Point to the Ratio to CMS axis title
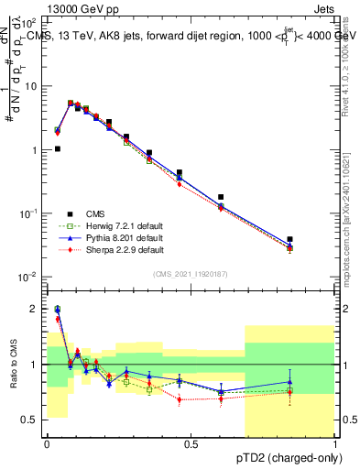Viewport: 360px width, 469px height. click(x=16, y=365)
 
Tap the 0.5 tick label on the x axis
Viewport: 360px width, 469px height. click(x=191, y=444)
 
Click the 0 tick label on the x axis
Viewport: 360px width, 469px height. click(x=46, y=444)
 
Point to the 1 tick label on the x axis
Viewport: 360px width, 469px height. click(x=335, y=444)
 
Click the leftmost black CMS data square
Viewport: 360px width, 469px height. click(x=57, y=148)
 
